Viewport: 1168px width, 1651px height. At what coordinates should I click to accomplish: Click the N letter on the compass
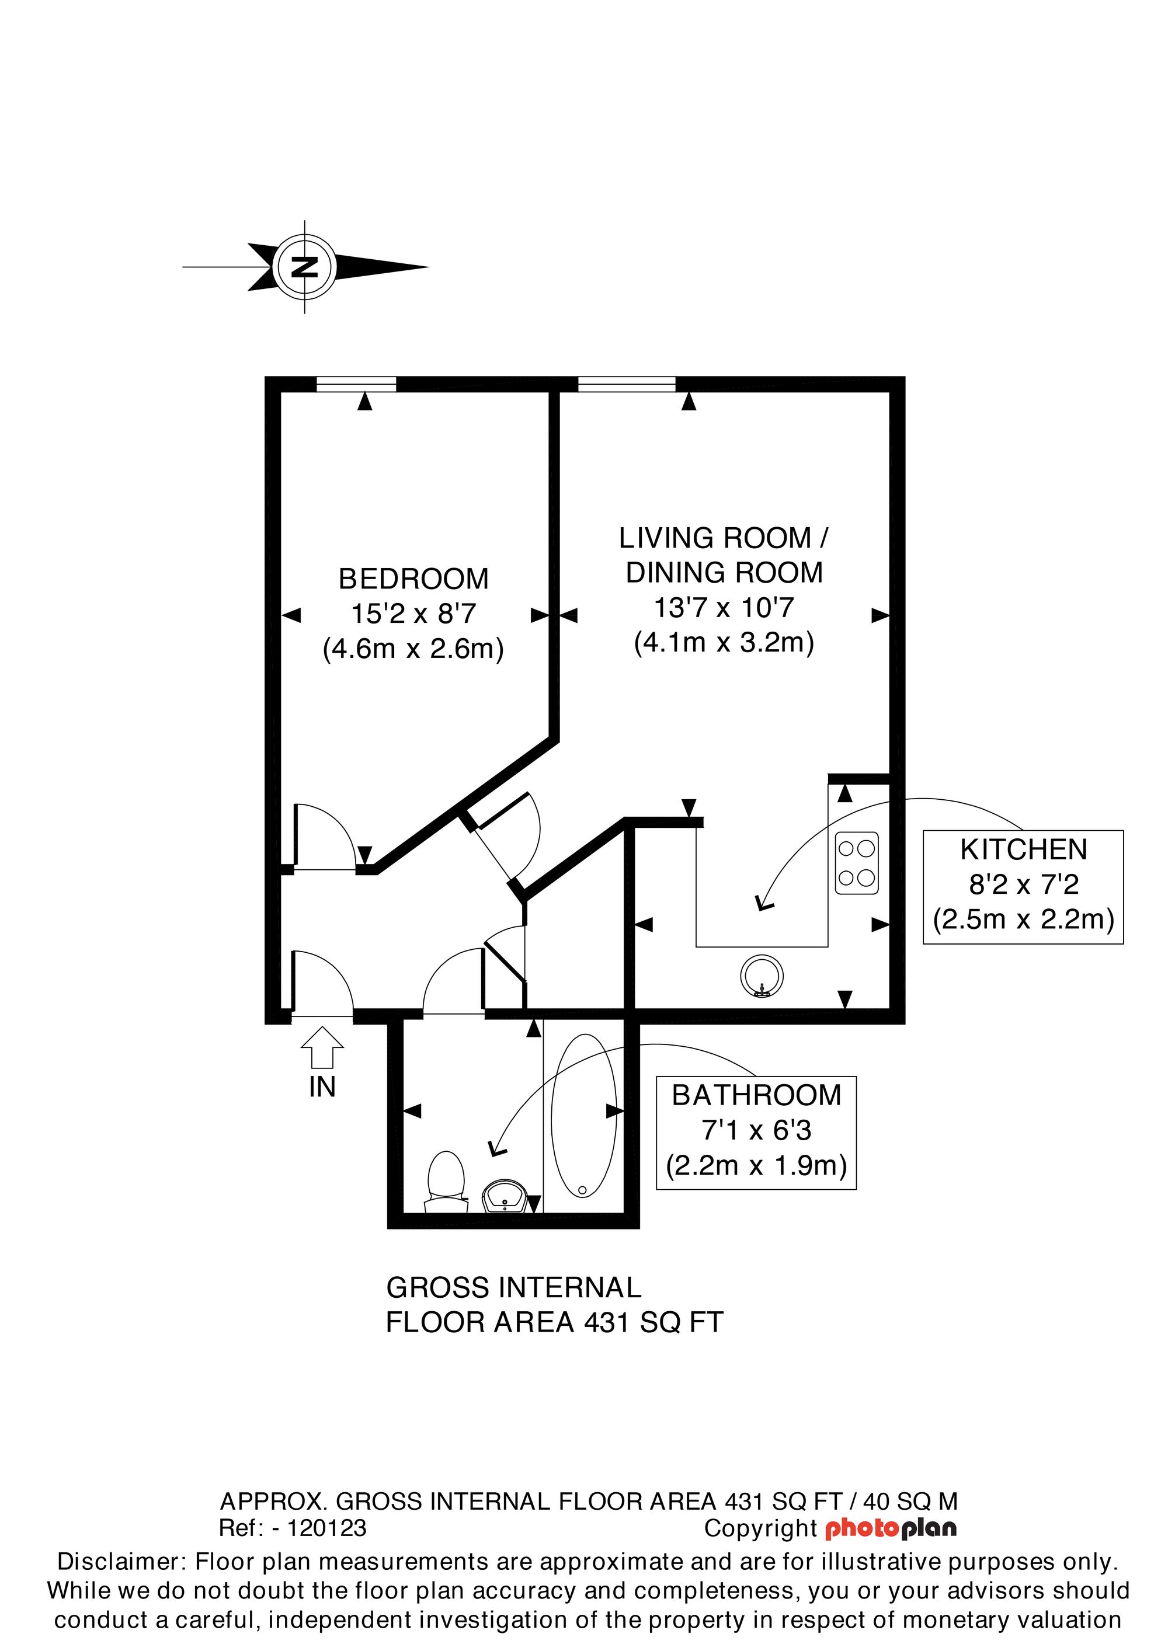(x=305, y=267)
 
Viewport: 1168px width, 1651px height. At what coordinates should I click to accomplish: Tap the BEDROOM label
(x=413, y=579)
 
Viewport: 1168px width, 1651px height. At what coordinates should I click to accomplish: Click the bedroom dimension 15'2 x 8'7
(x=413, y=614)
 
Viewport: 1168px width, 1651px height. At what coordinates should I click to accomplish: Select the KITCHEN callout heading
(x=1023, y=850)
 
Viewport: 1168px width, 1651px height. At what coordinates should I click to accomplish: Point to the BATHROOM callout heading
(x=756, y=1095)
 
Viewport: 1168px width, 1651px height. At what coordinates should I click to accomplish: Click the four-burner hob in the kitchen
(x=856, y=863)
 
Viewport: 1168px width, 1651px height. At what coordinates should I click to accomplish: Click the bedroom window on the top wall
(x=356, y=385)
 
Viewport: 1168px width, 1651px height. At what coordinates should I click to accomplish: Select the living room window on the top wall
(x=627, y=385)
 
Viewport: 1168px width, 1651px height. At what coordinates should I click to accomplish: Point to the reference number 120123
(x=326, y=1528)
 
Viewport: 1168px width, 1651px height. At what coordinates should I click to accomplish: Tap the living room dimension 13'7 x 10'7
(x=723, y=608)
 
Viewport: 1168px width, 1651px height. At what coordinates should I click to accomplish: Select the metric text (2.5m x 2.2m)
(x=1023, y=919)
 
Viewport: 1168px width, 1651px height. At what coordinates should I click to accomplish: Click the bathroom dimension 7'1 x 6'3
(x=756, y=1130)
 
